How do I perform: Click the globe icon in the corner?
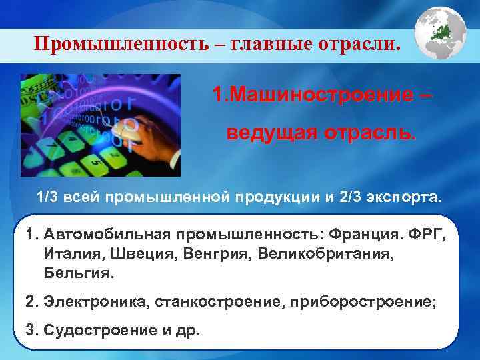click(x=441, y=34)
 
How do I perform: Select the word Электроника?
click(x=96, y=301)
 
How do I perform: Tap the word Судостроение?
click(x=89, y=330)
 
